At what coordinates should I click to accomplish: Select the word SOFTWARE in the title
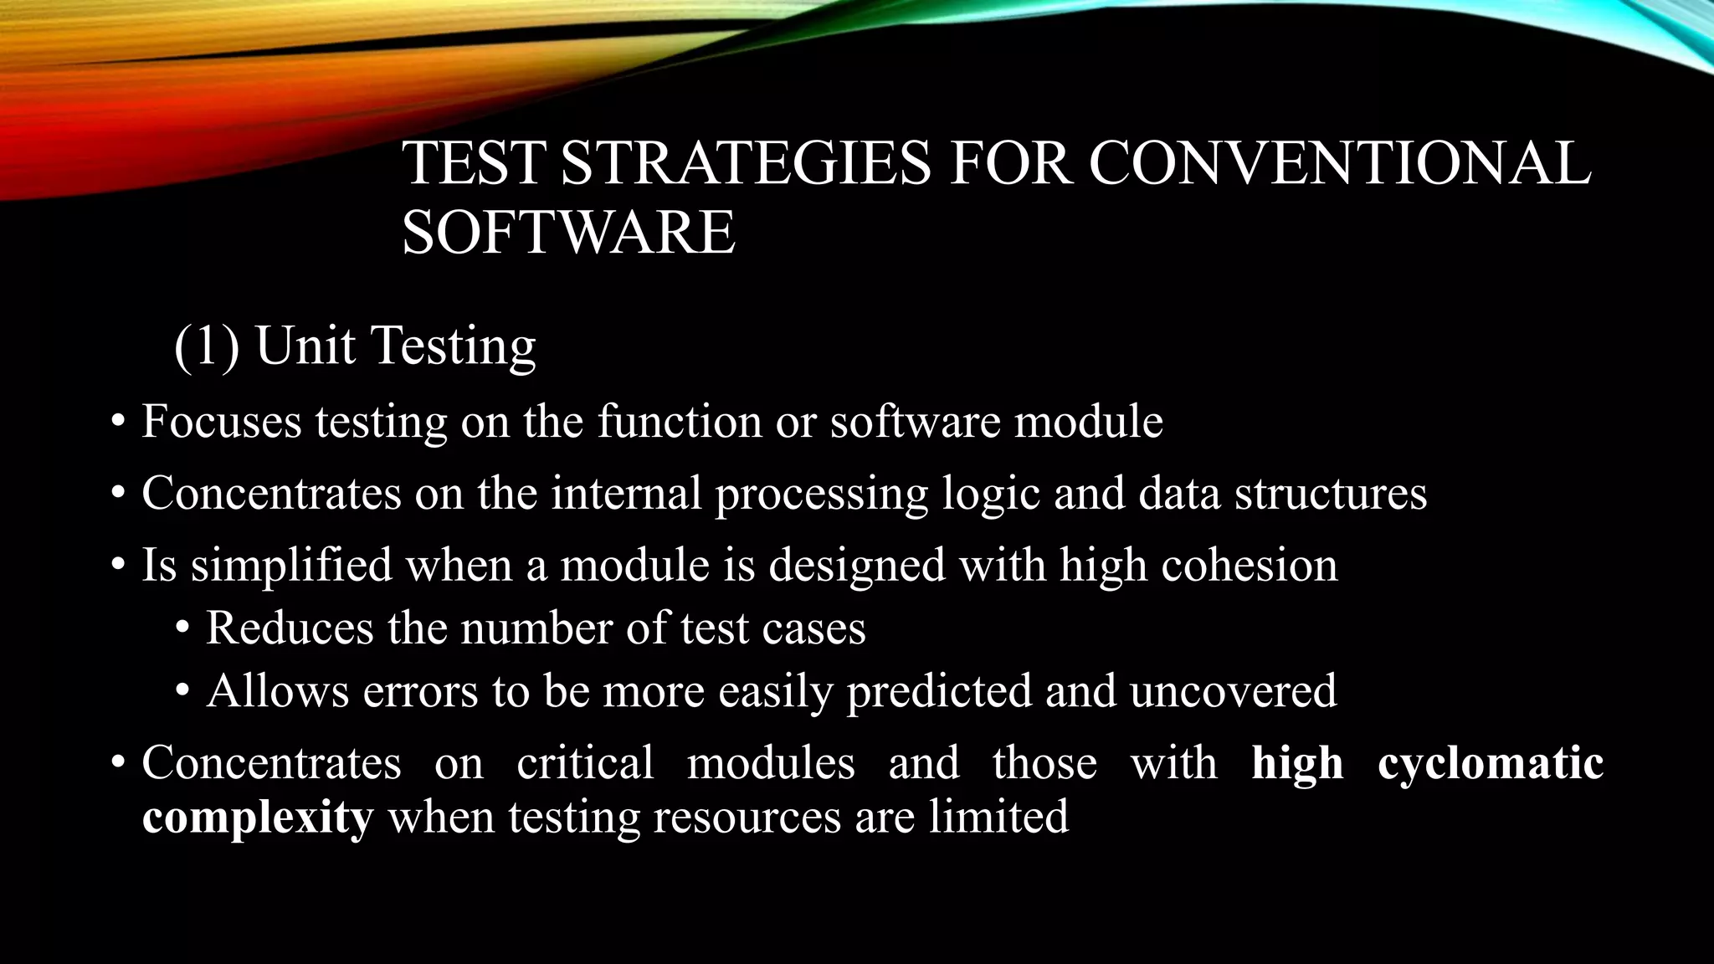568,232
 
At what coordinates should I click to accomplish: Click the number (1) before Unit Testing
207,346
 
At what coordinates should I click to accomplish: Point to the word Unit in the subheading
305,346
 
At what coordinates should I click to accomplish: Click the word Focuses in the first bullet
221,421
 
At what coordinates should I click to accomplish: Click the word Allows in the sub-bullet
277,691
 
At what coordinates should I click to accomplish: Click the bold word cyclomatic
1490,763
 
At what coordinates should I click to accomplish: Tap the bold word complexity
257,817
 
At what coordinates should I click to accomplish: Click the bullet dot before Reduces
182,629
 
